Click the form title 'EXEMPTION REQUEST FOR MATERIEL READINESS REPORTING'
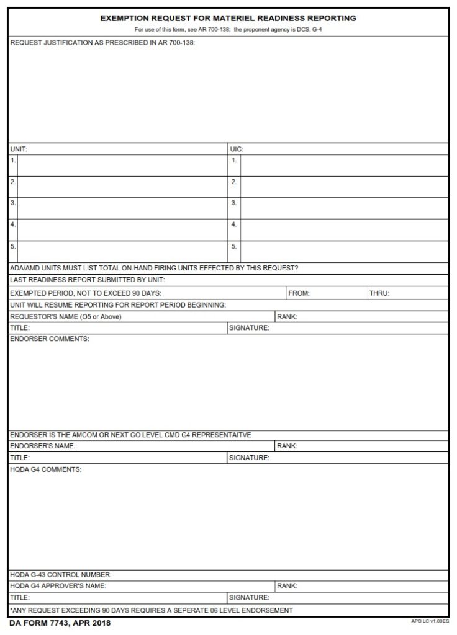pos(228,19)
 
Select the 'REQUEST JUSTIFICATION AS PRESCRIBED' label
pos(102,43)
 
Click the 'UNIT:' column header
pos(19,149)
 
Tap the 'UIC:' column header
pos(237,149)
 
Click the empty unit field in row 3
pos(122,208)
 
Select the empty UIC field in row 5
pos(343,251)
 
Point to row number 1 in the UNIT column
pos(13,161)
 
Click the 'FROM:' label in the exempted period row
pos(299,293)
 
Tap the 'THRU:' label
pos(379,293)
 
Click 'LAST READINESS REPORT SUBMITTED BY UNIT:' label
pos(88,280)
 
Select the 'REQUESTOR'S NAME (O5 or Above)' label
pos(66,317)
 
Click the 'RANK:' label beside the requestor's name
pos(287,317)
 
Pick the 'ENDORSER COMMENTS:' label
pos(50,339)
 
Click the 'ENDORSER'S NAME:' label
pos(43,446)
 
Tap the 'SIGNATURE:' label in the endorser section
pos(249,458)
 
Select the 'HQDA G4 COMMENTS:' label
pos(46,469)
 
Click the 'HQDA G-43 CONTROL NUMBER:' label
pos(61,575)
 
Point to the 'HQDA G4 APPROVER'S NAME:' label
pos(58,586)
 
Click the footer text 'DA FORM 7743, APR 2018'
pos(60,623)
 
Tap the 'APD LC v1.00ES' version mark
pos(429,620)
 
